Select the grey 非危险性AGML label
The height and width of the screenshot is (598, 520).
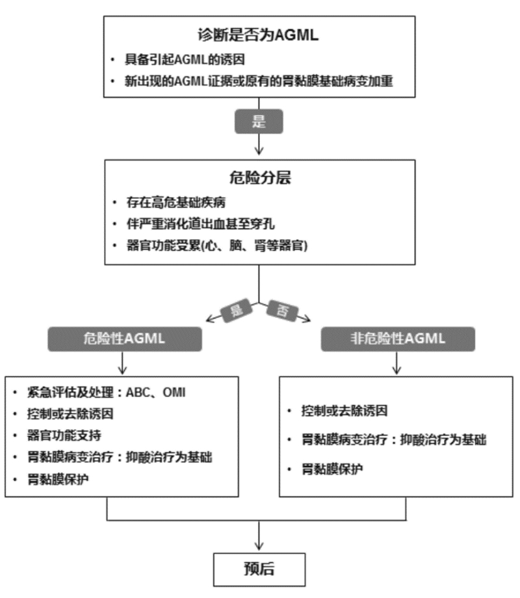click(x=397, y=339)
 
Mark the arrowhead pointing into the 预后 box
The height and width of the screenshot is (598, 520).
click(x=259, y=547)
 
